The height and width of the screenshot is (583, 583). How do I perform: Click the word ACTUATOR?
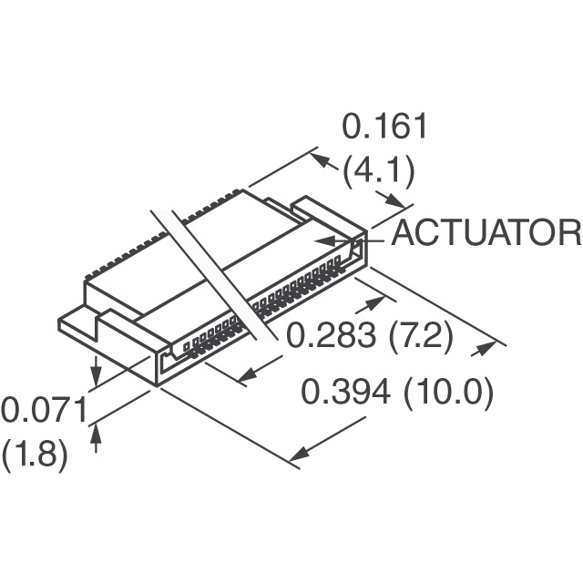(x=486, y=233)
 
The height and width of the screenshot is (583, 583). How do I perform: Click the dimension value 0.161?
(x=384, y=128)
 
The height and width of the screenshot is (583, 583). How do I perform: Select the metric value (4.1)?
(x=379, y=170)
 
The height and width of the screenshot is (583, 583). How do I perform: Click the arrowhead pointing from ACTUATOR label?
(x=322, y=240)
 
